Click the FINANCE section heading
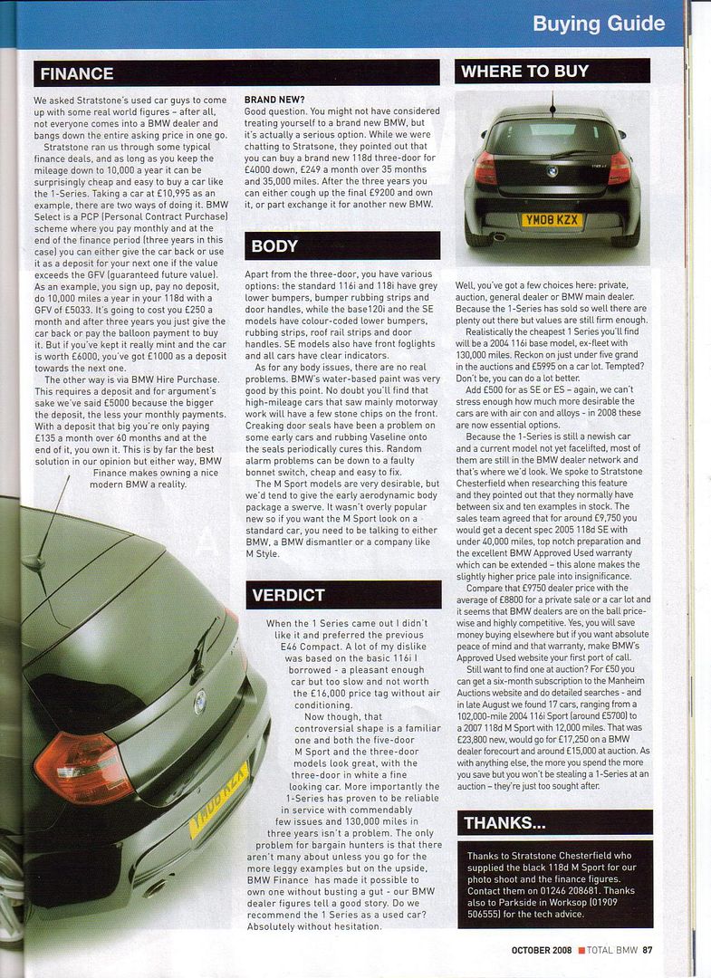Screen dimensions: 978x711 77,73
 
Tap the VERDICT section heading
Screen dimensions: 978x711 289,594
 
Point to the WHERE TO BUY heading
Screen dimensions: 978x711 524,71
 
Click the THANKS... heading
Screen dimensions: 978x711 504,822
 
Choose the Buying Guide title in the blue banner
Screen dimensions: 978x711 599,24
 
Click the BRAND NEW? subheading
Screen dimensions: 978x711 274,99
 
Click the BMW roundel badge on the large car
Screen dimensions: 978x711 199,702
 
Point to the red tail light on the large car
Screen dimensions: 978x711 83,768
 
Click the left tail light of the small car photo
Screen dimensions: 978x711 485,168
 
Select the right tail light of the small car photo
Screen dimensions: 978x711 619,168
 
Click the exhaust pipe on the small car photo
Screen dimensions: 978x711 497,237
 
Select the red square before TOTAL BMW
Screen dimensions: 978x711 581,950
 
